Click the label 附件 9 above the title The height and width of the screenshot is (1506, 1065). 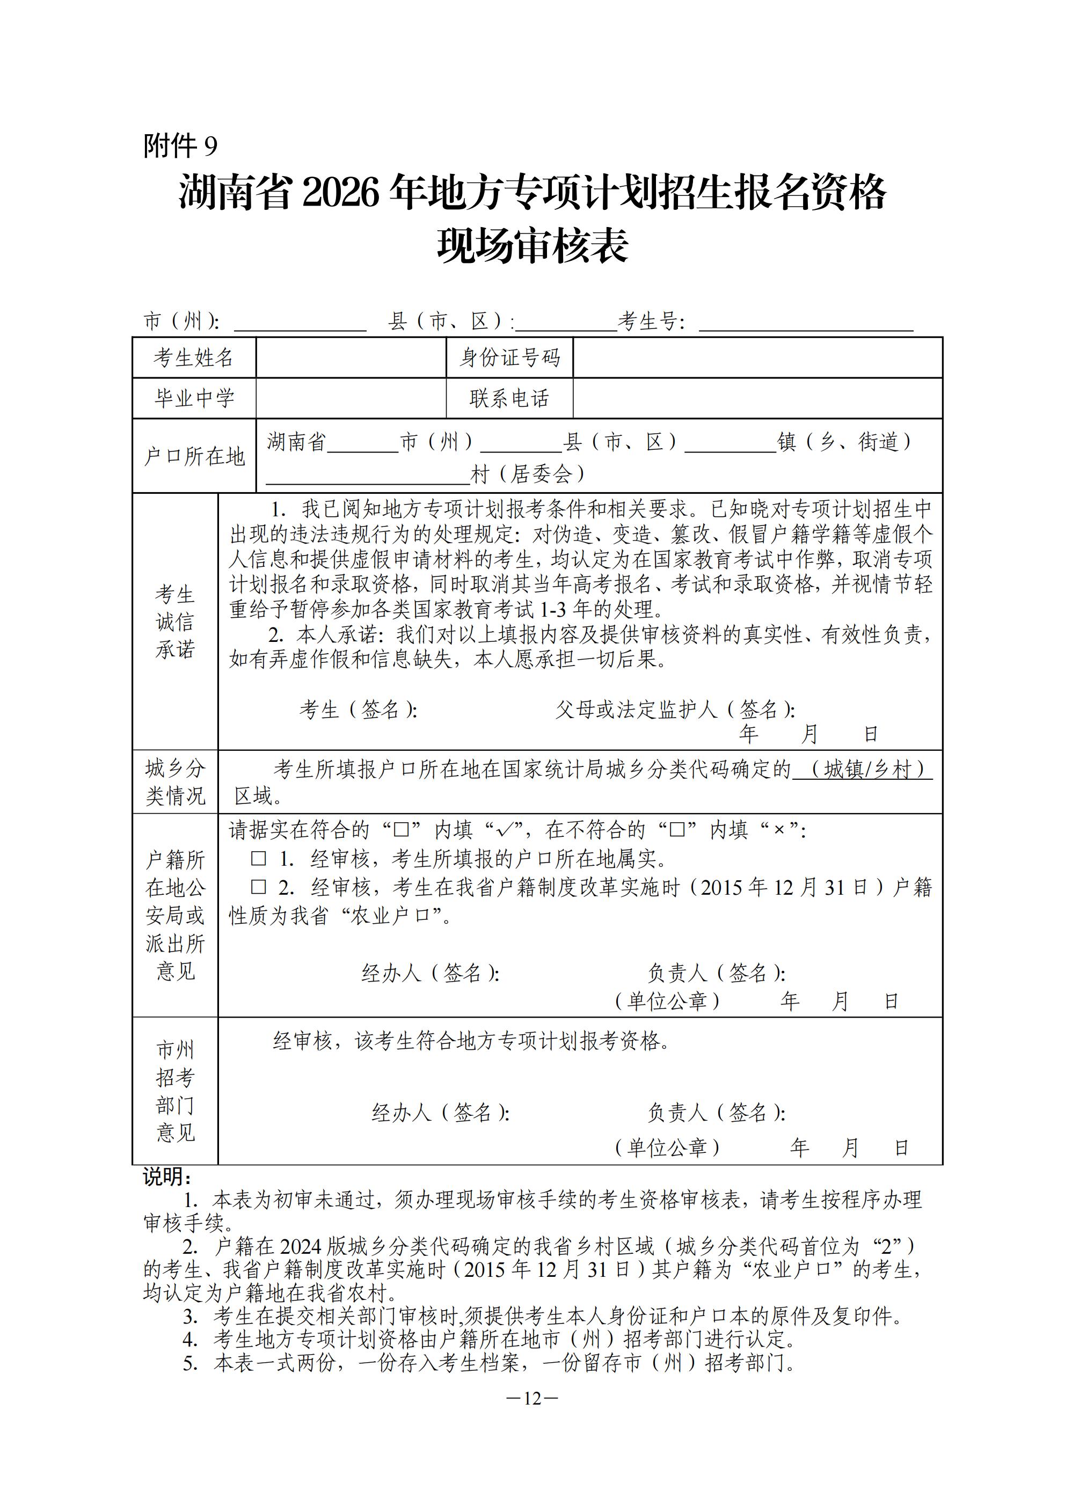[180, 145]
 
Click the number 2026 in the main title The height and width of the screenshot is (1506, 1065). [341, 194]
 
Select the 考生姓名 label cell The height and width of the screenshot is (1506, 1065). [194, 357]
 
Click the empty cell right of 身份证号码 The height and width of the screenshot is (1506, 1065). [757, 357]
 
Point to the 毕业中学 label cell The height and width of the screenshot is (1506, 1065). [194, 398]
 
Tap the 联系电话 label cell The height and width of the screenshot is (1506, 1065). [509, 398]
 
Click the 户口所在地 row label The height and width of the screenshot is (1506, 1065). [194, 456]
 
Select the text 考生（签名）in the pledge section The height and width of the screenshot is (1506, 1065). [358, 709]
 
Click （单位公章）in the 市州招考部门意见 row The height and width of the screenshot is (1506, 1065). [667, 1147]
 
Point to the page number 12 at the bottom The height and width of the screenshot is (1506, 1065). [532, 1399]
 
